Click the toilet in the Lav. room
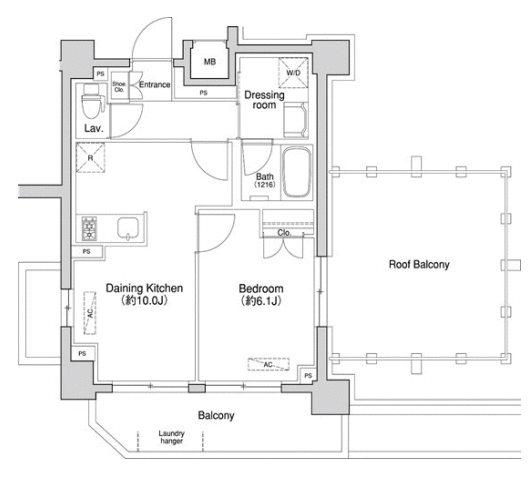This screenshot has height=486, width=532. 92,101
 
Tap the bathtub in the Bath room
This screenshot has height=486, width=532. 297,172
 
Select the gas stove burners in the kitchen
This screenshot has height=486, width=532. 90,228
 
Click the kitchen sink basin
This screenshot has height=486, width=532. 128,229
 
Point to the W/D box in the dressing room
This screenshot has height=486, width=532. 293,73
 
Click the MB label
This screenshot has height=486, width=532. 210,62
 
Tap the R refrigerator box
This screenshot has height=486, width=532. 91,158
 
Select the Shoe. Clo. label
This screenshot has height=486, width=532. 119,87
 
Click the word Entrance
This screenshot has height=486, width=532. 155,85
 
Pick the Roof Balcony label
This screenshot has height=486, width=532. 419,264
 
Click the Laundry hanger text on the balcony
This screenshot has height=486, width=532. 172,437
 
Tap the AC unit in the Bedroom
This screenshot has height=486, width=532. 268,364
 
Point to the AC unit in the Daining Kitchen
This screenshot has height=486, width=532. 90,313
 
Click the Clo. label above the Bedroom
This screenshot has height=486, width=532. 284,233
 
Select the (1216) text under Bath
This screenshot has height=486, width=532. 265,185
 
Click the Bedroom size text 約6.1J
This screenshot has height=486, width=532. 261,301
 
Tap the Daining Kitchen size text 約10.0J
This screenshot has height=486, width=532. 144,300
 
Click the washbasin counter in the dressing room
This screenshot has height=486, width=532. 296,119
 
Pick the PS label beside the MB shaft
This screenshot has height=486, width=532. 203,93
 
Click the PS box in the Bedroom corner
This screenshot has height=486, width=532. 308,375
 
